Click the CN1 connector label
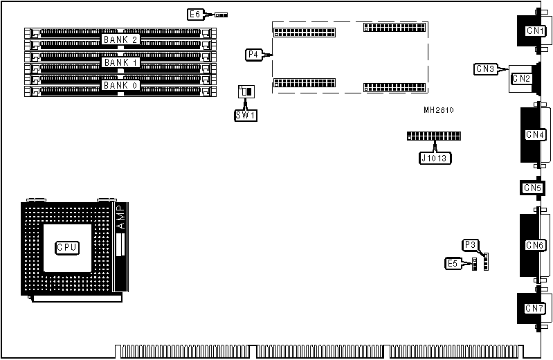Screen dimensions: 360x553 pyautogui.click(x=534, y=31)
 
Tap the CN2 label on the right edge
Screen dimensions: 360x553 pyautogui.click(x=521, y=79)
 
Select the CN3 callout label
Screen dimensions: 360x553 pyautogui.click(x=485, y=69)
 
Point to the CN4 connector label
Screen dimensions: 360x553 pyautogui.click(x=535, y=134)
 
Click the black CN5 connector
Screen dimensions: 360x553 pyautogui.click(x=532, y=188)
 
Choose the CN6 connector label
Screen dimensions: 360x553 pyautogui.click(x=535, y=245)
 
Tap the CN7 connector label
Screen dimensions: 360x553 pyautogui.click(x=534, y=308)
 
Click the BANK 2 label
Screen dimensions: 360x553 pyautogui.click(x=121, y=39)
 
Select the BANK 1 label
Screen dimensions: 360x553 pyautogui.click(x=121, y=62)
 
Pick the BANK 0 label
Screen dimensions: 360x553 pyautogui.click(x=121, y=85)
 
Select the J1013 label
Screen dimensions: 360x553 pyautogui.click(x=435, y=158)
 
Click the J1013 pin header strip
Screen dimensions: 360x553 pyautogui.click(x=435, y=136)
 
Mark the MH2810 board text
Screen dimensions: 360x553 pyautogui.click(x=439, y=110)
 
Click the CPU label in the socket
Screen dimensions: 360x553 pyautogui.click(x=67, y=246)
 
